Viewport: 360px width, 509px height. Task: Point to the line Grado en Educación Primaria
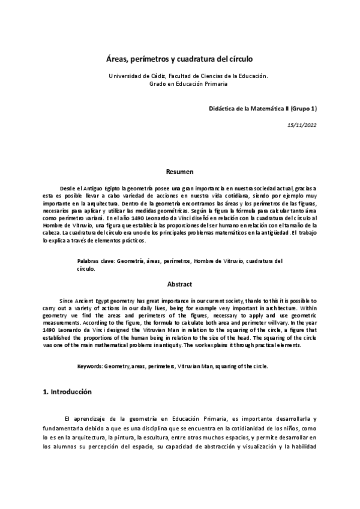coord(188,84)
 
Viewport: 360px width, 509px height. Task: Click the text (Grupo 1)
coord(304,108)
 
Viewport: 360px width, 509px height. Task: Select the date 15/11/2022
coord(302,125)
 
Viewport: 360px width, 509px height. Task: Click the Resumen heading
coord(179,172)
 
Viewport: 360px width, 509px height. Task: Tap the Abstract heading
coord(179,285)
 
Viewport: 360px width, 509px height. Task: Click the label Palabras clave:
coord(96,262)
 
